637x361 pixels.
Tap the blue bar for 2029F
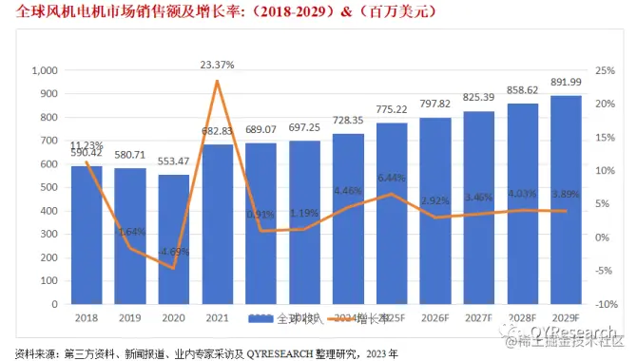pyautogui.click(x=566, y=199)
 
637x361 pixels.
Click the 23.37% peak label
pyautogui.click(x=217, y=65)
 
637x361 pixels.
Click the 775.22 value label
pyautogui.click(x=392, y=110)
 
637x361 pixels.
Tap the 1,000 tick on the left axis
pyautogui.click(x=45, y=71)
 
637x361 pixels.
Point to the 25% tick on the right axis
pyautogui.click(x=602, y=71)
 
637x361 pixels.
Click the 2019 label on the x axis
pyautogui.click(x=130, y=317)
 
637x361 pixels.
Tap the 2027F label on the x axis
pyautogui.click(x=479, y=317)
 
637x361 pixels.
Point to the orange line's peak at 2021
pyautogui.click(x=218, y=82)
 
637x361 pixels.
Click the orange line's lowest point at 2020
pyautogui.click(x=174, y=268)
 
